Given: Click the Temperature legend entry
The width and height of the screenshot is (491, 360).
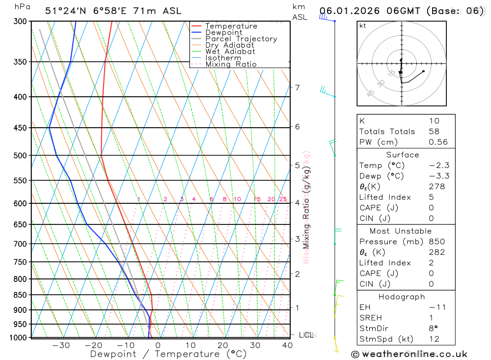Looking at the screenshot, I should click(x=231, y=26).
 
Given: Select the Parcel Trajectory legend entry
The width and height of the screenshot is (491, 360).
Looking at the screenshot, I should click(x=241, y=39).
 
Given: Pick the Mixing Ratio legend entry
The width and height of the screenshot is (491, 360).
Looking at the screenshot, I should click(x=231, y=64).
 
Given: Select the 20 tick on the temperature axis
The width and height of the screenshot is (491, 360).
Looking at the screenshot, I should click(x=223, y=345).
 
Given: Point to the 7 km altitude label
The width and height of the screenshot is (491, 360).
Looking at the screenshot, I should click(x=297, y=88).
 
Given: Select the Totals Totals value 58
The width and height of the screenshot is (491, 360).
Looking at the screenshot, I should click(x=434, y=132).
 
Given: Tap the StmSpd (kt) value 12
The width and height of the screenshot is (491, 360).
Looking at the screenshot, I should click(x=434, y=339).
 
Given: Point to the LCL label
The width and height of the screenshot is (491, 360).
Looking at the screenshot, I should click(x=306, y=335).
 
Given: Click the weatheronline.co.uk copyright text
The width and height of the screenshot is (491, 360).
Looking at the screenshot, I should click(x=409, y=354).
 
